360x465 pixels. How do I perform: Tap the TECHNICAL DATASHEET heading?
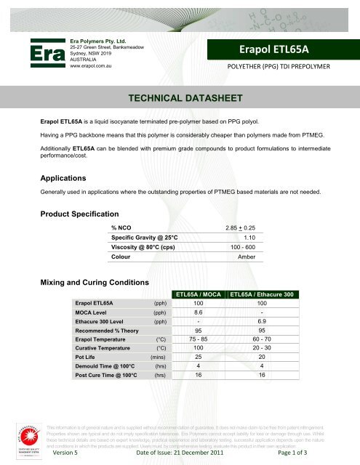(180, 97)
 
